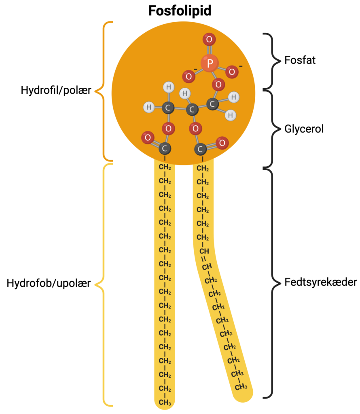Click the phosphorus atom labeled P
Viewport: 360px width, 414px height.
point(210,63)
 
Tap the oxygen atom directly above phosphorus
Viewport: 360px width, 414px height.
point(209,39)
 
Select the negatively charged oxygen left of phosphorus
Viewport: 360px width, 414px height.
point(188,76)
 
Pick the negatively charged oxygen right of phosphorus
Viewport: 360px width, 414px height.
point(232,72)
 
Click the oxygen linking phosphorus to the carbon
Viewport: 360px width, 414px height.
point(218,84)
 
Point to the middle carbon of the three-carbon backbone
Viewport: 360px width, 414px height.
point(192,109)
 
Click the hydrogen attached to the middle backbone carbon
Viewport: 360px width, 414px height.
point(184,94)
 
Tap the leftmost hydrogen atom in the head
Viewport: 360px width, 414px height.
point(149,108)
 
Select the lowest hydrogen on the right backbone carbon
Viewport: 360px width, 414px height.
point(230,115)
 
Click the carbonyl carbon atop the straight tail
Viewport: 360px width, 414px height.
point(165,148)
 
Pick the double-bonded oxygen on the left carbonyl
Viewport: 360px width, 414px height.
point(148,137)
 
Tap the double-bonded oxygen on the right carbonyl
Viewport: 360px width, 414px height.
point(222,143)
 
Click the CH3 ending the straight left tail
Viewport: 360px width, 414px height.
point(165,403)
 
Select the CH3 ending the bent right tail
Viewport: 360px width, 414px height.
point(241,387)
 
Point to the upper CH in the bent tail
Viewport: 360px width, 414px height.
point(204,251)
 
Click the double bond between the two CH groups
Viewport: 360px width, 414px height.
point(205,259)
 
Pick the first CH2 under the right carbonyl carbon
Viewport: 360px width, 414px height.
point(203,168)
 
